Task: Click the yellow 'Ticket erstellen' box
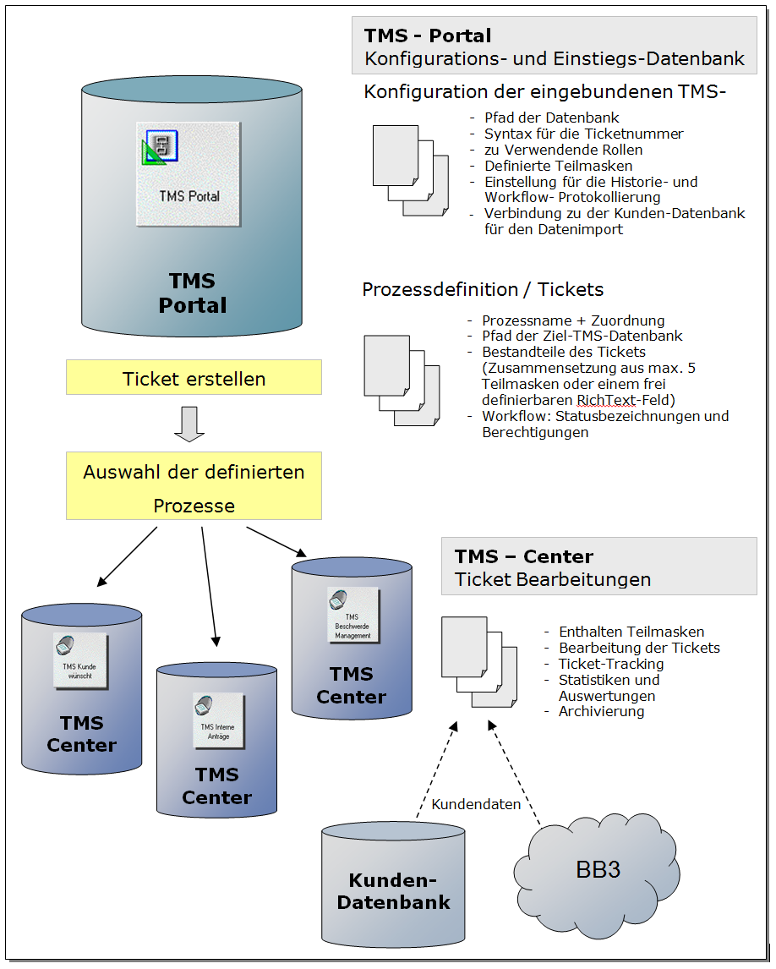(194, 377)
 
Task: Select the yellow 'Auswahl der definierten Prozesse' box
(194, 485)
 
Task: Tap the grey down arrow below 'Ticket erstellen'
(189, 424)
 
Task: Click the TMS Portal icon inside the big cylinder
(188, 173)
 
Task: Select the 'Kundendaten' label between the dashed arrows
(476, 804)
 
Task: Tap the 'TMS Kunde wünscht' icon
(80, 660)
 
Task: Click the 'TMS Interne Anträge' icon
(218, 721)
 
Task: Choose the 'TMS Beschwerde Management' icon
(352, 616)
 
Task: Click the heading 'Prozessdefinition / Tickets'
(483, 289)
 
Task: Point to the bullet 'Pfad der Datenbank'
(552, 118)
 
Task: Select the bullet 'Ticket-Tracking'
(611, 664)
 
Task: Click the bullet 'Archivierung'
(601, 711)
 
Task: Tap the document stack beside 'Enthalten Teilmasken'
(479, 662)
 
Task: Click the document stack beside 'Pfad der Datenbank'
(411, 171)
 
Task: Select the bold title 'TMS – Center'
(524, 556)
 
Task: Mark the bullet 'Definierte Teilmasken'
(559, 166)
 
